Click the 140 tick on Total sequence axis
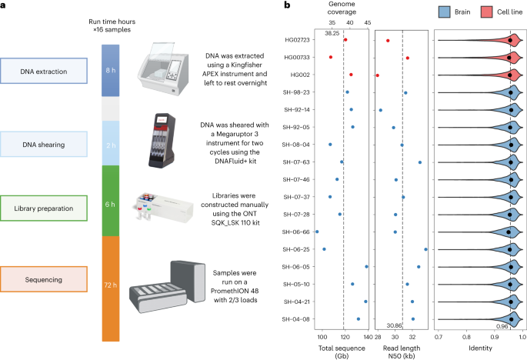pyautogui.click(x=367, y=337)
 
